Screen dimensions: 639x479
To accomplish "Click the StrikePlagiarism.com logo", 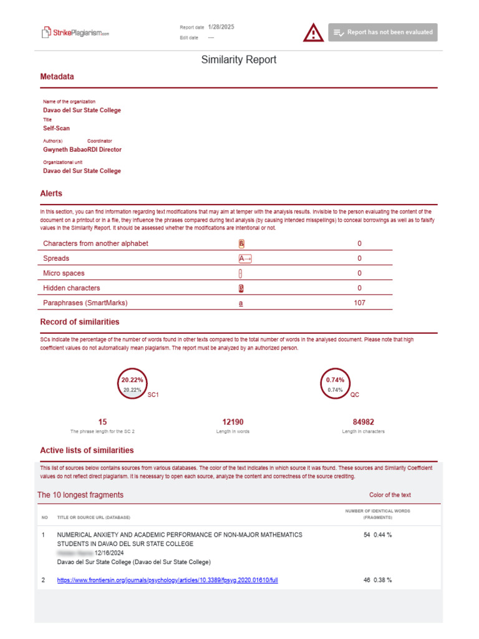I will pos(75,32).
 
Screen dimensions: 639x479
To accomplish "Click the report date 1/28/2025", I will pos(221,27).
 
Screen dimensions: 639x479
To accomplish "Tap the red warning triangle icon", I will pos(313,32).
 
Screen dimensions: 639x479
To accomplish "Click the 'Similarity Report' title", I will pos(239,60).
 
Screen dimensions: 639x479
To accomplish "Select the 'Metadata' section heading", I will pos(57,77).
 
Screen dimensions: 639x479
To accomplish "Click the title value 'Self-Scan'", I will pos(56,129).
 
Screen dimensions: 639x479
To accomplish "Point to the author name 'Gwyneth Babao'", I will pos(65,150).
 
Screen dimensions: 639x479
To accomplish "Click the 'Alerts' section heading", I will pos(51,193).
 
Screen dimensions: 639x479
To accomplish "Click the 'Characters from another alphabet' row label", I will pos(95,243).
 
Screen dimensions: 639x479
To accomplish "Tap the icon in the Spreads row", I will pos(244,258).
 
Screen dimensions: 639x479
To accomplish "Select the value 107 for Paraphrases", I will pos(359,303).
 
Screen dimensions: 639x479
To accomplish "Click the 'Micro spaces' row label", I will pos(64,273).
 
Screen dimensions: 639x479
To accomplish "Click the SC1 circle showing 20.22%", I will pos(132,384).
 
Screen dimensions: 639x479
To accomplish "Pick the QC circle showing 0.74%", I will pos(336,384).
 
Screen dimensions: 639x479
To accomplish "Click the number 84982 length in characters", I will pos(363,422).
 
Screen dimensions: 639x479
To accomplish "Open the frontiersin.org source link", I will pos(167,580).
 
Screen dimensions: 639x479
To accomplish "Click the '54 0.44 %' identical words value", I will pos(377,535).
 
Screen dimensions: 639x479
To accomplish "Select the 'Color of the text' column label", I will pos(390,495).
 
